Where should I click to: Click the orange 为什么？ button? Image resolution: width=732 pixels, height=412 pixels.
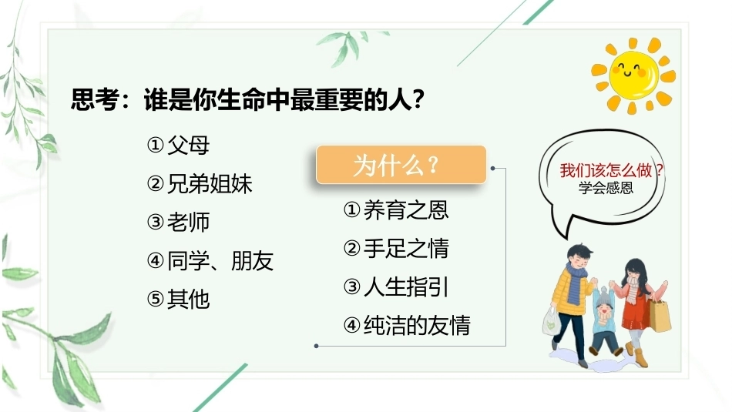pos(401,164)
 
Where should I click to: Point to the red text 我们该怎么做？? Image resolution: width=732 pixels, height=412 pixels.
pos(612,170)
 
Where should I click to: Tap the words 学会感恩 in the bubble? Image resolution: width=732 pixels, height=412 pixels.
pos(606,188)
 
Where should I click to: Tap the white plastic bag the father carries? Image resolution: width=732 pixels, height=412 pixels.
pos(552,321)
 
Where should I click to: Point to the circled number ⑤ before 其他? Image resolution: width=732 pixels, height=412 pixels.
pos(155,299)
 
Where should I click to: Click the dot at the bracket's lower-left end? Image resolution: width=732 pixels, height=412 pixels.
pos(316,346)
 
